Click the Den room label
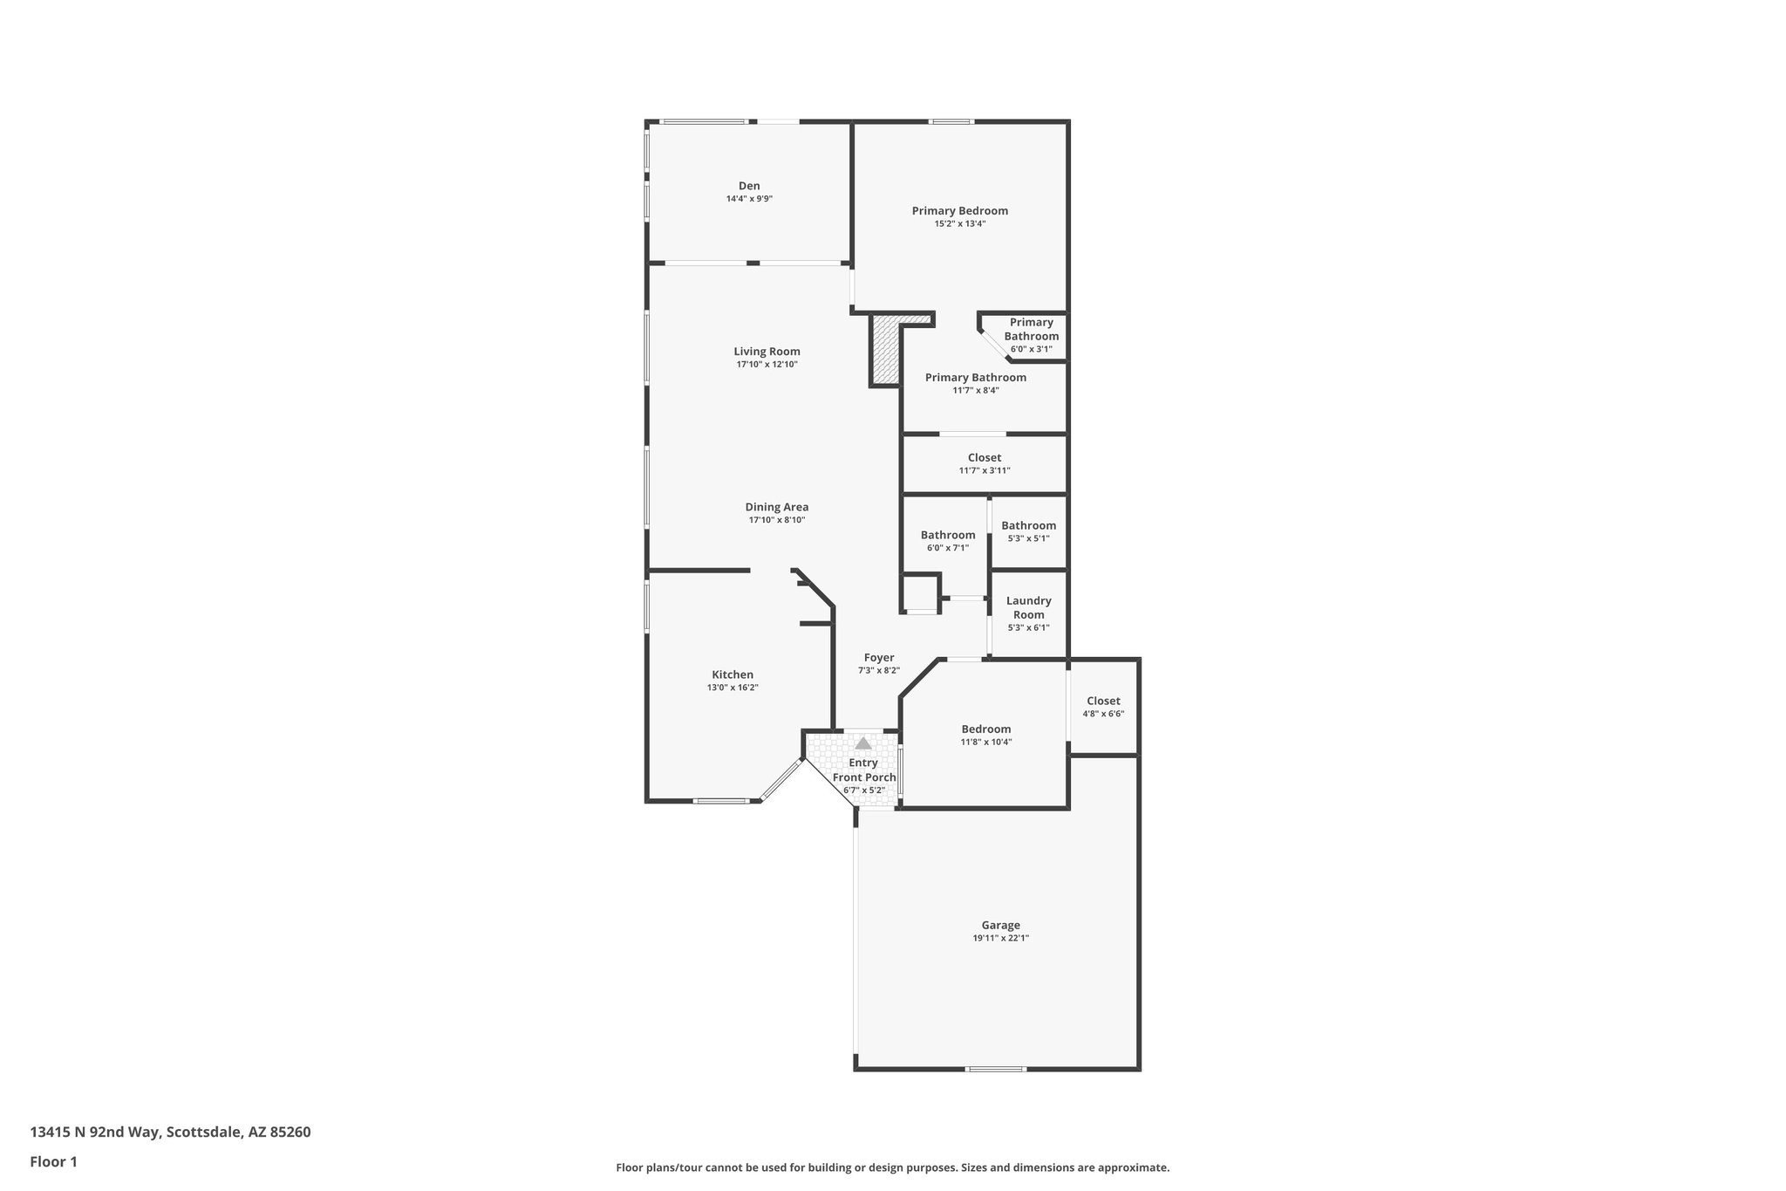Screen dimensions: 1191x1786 click(x=749, y=186)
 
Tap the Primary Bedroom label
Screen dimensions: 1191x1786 click(x=959, y=210)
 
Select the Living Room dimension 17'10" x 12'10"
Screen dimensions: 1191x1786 click(x=767, y=365)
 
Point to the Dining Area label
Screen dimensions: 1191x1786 click(x=776, y=507)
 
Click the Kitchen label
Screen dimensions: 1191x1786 click(x=733, y=674)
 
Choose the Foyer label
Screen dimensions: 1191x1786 click(x=878, y=658)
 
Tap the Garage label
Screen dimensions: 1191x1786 click(x=1000, y=926)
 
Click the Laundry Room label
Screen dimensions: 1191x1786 click(x=1028, y=607)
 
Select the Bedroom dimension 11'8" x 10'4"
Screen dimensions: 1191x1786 click(x=986, y=743)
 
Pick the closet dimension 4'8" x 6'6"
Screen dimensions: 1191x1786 click(x=1103, y=714)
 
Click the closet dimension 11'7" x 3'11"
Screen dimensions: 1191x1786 click(x=984, y=471)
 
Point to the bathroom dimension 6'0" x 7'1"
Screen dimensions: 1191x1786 click(x=947, y=548)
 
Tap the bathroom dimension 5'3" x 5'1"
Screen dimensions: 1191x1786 click(x=1028, y=538)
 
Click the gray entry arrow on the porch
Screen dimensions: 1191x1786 click(x=862, y=743)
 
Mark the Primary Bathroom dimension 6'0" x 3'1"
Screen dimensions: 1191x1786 click(x=1031, y=349)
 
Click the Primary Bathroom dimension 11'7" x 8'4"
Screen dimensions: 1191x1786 click(x=975, y=391)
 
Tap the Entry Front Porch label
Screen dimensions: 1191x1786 click(x=863, y=770)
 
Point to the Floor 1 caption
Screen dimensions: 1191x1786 click(x=53, y=1161)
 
